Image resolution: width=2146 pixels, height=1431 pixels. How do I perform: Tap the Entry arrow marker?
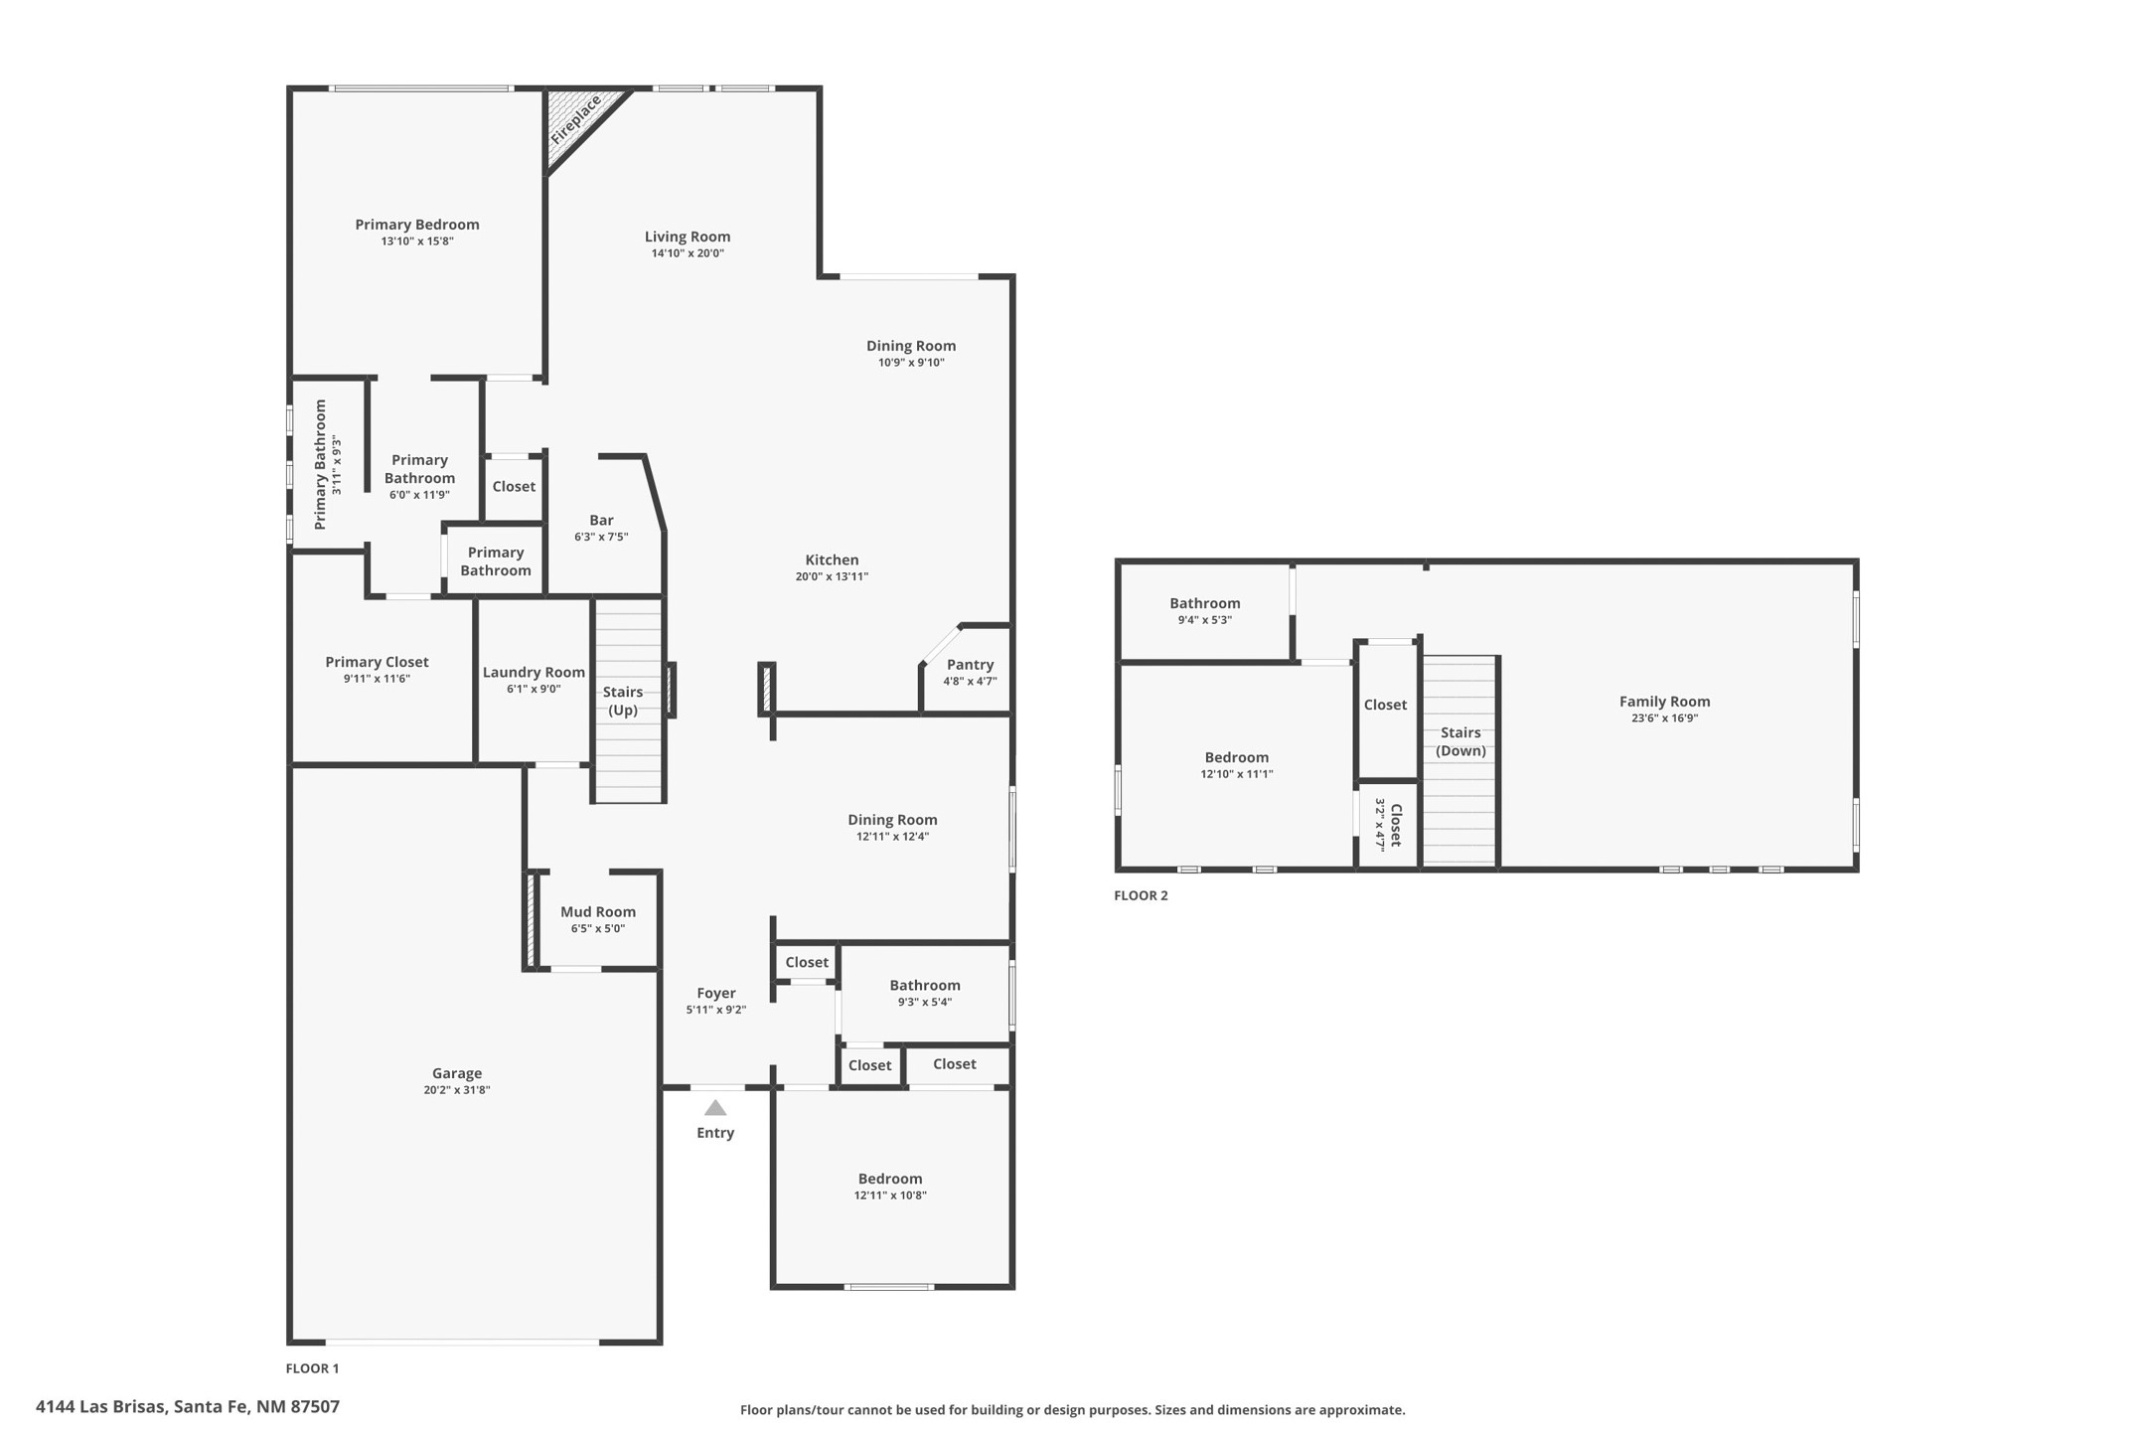coord(715,1108)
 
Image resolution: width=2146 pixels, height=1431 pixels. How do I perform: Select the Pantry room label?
coord(971,665)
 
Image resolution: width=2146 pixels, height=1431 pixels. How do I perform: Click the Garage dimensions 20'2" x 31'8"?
coord(457,1090)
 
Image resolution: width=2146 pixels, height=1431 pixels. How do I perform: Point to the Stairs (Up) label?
coord(623,701)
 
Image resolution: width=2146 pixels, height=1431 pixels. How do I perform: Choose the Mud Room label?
coord(598,911)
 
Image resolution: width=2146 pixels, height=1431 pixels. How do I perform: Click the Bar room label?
coord(601,520)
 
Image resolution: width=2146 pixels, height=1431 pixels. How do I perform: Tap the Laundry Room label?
coord(534,672)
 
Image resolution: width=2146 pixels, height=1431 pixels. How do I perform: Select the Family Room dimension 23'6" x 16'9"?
coord(1664,718)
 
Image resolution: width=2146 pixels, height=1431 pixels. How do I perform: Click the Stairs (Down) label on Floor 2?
coord(1460,741)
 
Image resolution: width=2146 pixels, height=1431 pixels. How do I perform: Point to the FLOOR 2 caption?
coord(1141,895)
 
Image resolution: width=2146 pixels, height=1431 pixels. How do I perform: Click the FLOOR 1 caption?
coord(312,1368)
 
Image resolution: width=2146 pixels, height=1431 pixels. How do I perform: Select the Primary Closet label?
coord(377,662)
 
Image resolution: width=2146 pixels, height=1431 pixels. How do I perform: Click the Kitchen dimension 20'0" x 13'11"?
coord(832,576)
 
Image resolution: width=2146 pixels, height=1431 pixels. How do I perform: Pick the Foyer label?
coord(716,993)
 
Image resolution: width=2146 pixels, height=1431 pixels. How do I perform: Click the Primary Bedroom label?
coord(417,225)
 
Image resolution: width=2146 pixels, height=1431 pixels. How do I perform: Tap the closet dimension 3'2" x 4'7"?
coord(1380,825)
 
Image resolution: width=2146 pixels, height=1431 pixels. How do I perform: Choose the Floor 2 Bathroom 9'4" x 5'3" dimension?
coord(1205,620)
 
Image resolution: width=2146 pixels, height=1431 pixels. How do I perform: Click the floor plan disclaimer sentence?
coord(1072,1410)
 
